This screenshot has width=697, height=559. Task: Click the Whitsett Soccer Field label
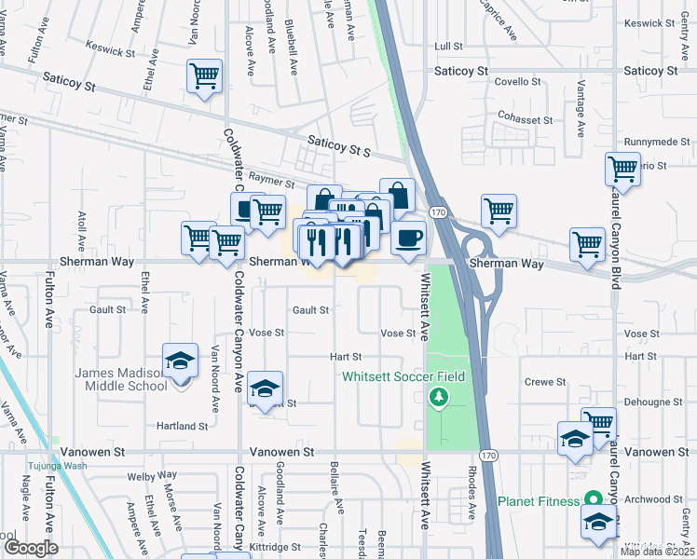click(403, 376)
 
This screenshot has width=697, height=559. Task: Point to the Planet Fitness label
click(544, 500)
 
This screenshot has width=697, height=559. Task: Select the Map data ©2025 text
click(657, 552)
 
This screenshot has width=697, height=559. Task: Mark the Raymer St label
click(277, 185)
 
